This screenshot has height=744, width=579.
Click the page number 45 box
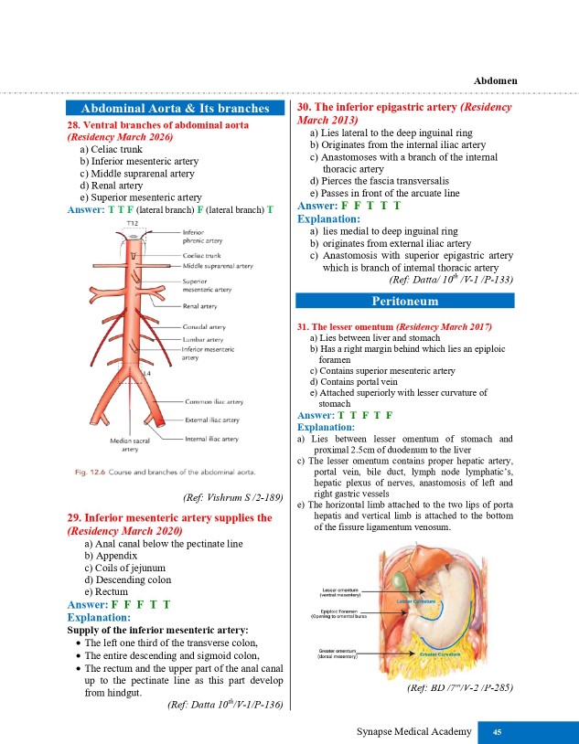496,731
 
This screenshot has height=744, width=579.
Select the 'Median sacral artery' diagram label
131,444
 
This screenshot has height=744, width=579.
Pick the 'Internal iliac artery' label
212,439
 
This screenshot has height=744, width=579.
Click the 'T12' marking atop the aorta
133,223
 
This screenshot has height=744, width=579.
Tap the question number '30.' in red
307,108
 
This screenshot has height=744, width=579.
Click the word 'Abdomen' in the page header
496,80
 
